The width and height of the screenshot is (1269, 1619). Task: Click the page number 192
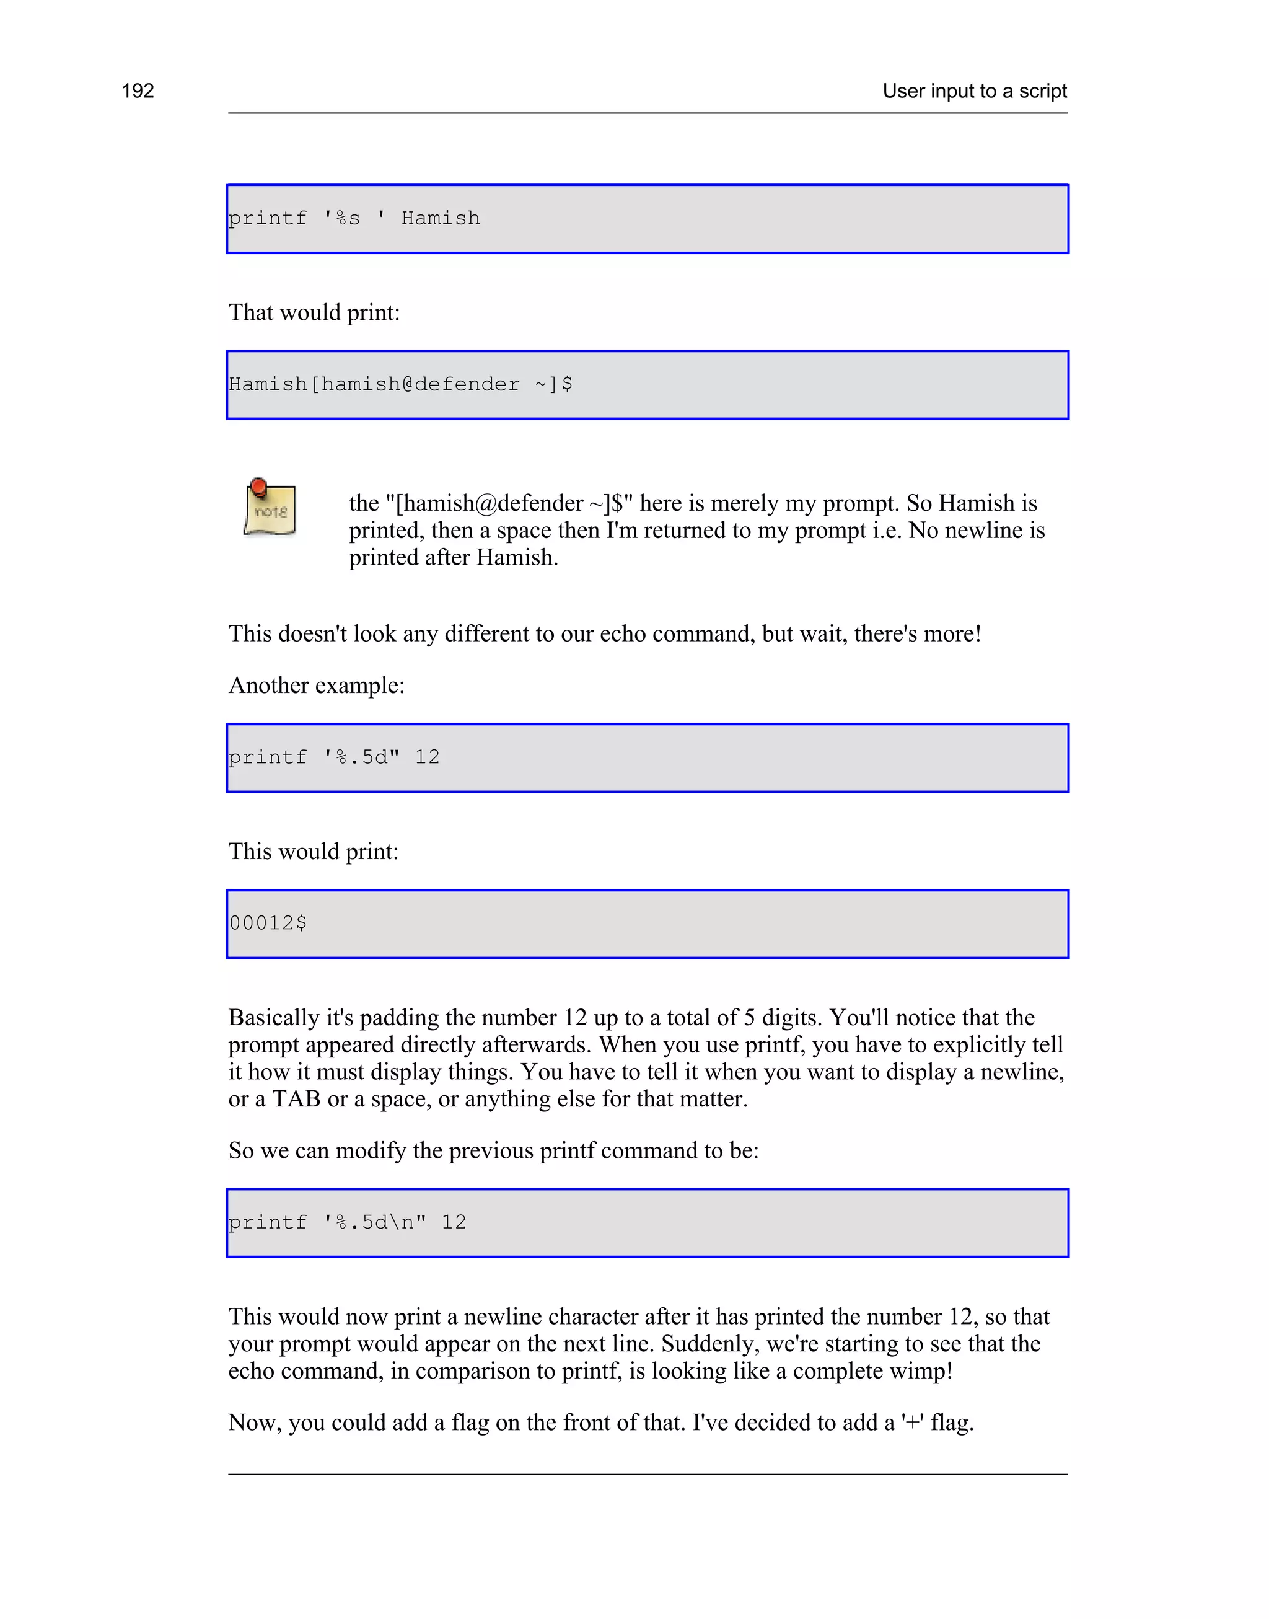[138, 90]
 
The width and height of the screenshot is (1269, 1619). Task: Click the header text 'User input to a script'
[974, 90]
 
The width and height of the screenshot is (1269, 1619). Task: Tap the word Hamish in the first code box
[441, 218]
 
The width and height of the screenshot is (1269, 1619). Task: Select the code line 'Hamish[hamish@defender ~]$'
[400, 384]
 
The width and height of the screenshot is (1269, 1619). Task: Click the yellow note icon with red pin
[270, 508]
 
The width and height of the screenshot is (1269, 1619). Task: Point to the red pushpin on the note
[258, 487]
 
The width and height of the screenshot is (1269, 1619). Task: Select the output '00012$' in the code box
[268, 923]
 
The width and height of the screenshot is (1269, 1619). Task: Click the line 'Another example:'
[317, 685]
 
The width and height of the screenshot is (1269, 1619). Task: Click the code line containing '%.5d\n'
[347, 1222]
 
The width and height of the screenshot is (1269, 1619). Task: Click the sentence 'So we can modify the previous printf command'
[493, 1150]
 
